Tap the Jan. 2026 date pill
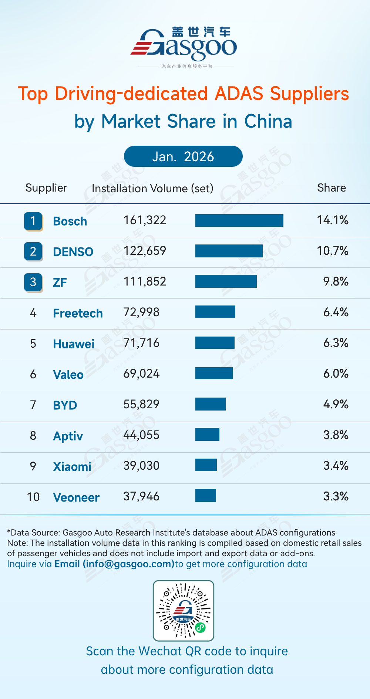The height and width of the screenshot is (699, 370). [x=183, y=156]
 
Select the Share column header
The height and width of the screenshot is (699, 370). [x=332, y=188]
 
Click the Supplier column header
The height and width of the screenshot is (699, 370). [x=46, y=188]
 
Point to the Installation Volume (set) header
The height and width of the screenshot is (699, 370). [x=152, y=189]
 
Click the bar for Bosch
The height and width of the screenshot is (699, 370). [x=239, y=220]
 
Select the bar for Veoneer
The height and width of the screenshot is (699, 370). [x=206, y=496]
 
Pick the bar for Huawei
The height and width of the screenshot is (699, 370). [x=215, y=343]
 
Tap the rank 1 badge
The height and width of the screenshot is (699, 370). [x=33, y=221]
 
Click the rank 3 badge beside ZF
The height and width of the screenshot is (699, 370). [x=33, y=282]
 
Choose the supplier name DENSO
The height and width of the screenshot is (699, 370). [x=73, y=252]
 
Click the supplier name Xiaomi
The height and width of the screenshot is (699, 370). [x=72, y=467]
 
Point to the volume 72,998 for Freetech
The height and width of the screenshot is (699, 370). [x=141, y=313]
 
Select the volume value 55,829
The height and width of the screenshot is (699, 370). [x=141, y=404]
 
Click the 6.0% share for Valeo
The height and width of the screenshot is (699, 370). [x=336, y=374]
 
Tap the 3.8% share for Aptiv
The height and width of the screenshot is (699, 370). [x=336, y=435]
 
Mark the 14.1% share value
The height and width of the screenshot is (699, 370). [x=333, y=220]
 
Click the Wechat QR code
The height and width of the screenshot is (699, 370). [x=184, y=611]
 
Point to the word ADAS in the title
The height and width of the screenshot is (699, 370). [x=239, y=94]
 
